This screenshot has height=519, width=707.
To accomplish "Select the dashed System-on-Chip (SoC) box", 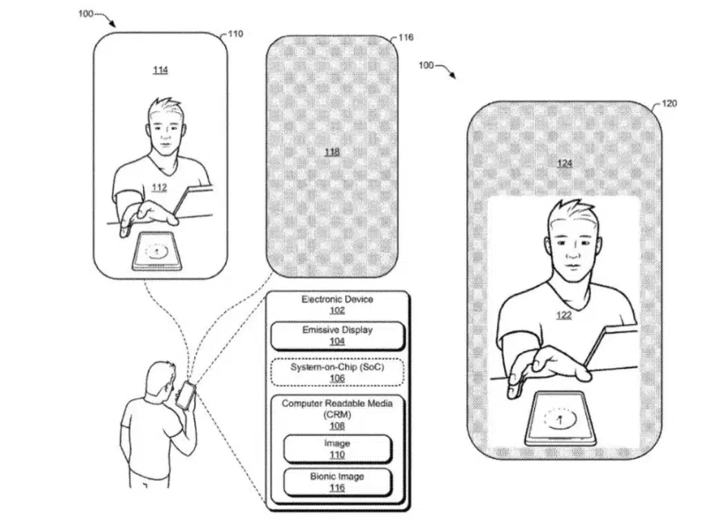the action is (337, 372).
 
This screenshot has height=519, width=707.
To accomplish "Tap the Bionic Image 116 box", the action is (337, 482).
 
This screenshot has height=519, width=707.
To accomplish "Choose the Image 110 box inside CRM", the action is (337, 449).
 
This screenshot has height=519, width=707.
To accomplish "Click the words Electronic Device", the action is (337, 299).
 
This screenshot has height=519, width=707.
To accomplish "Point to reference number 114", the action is (160, 70).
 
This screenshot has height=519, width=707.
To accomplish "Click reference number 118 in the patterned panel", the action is (332, 152).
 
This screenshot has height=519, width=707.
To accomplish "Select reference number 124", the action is (565, 163).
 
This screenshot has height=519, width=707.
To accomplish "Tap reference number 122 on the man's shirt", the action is (563, 315).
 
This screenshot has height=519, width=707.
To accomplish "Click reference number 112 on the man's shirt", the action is (159, 187).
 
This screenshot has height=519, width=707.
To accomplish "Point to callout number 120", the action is (669, 104).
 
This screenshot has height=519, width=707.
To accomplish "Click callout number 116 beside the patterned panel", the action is (406, 37).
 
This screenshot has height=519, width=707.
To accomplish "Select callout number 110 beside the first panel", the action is (235, 34).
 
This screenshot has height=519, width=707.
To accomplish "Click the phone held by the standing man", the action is (185, 395).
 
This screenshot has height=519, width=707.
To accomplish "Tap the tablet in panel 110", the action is (157, 252).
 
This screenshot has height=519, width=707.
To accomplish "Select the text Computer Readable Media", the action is (337, 404).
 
